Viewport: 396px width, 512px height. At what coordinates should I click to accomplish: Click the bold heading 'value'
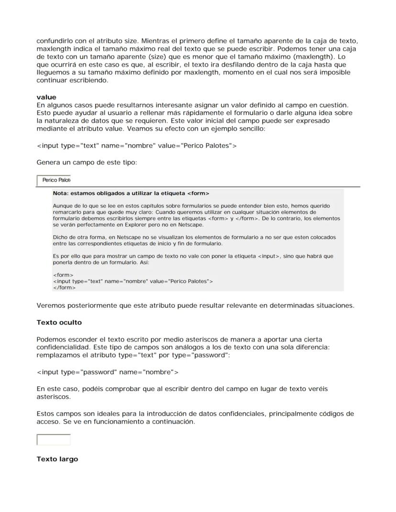click(x=46, y=97)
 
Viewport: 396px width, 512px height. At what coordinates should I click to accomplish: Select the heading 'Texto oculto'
click(x=59, y=322)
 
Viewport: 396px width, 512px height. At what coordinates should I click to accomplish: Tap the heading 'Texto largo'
click(x=57, y=459)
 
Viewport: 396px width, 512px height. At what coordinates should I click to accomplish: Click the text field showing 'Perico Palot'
click(x=54, y=180)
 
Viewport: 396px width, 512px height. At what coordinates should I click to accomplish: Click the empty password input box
click(x=54, y=439)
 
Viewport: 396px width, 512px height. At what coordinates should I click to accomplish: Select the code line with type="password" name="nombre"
click(x=108, y=372)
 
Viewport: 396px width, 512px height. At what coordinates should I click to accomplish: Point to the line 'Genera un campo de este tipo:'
click(x=87, y=163)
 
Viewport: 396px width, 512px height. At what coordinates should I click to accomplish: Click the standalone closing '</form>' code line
click(x=64, y=288)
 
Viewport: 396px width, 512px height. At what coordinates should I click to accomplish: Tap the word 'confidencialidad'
click(x=66, y=348)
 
